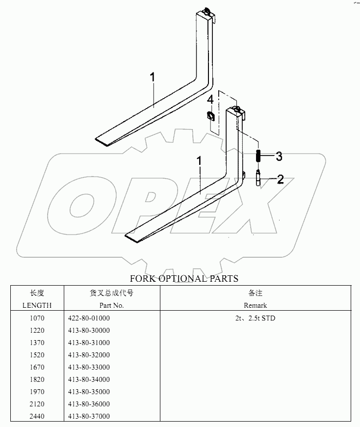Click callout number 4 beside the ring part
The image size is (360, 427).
pos(210,100)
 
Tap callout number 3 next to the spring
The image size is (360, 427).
pos(279,157)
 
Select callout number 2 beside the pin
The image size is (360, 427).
pos(280,179)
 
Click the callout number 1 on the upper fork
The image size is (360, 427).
pos(153,77)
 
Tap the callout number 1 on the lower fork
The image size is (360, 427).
pos(199,160)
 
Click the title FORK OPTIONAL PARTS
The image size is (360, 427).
pos(184,279)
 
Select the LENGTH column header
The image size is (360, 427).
pos(37,305)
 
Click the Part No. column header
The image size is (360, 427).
pos(112,305)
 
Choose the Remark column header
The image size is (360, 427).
pos(255,305)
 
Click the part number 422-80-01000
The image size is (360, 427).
pos(89,318)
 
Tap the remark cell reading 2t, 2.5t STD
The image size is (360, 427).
pos(255,318)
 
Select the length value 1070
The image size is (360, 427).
pos(37,318)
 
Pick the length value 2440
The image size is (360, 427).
pos(37,416)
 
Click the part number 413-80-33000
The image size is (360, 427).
pos(89,367)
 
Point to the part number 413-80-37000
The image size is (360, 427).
pos(89,416)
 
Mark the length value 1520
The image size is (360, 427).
pos(37,355)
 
